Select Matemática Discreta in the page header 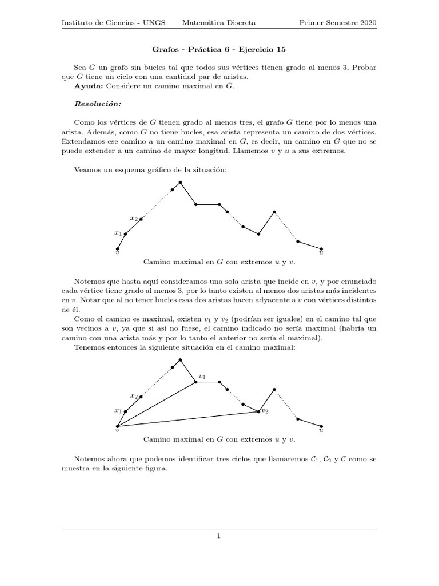click(219, 23)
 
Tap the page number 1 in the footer click(219, 536)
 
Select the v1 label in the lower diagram click(202, 377)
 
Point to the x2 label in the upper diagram click(133, 218)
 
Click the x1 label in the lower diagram click(118, 410)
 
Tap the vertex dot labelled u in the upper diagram click(321, 249)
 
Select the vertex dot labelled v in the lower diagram click(117, 426)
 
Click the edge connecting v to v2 click(189, 419)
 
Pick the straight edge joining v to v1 click(157, 404)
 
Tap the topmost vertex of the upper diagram click(180, 182)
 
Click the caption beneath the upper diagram click(220, 262)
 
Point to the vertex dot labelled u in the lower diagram click(321, 426)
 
